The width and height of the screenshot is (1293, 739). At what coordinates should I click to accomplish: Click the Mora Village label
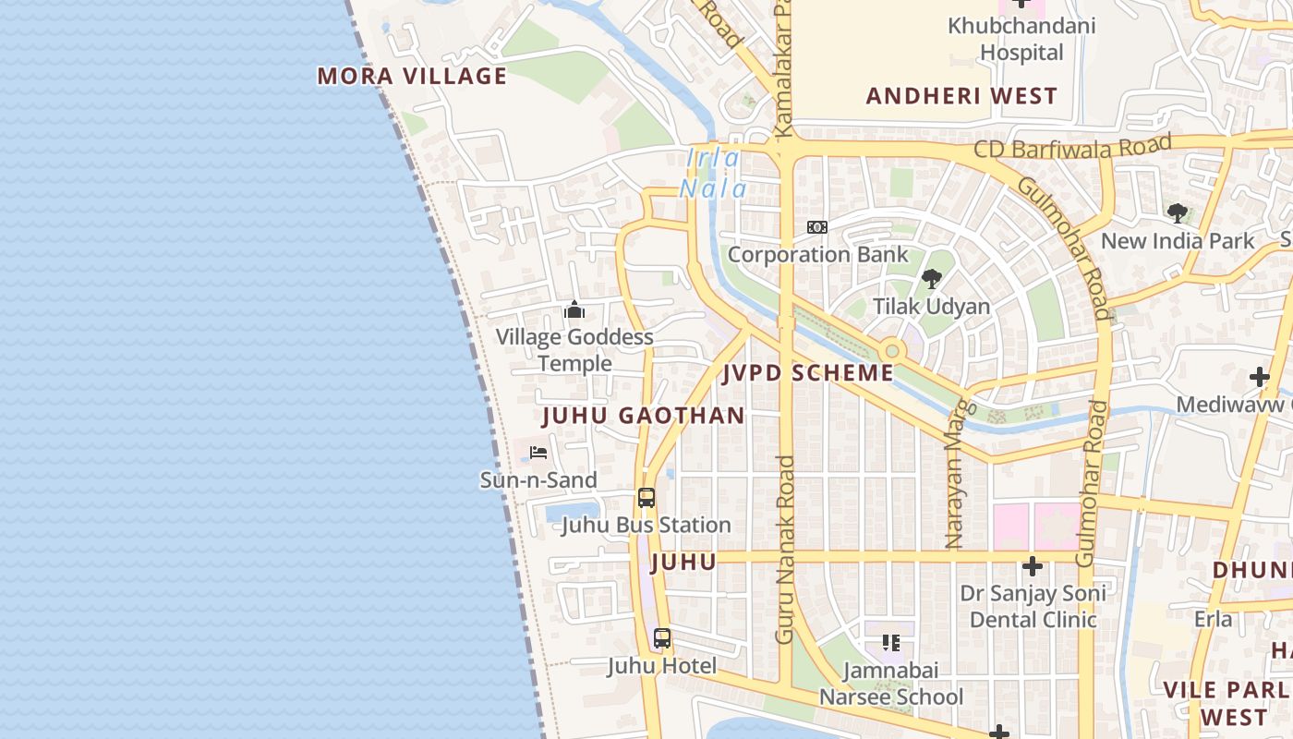(x=412, y=76)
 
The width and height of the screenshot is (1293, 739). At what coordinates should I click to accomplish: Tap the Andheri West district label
(x=961, y=96)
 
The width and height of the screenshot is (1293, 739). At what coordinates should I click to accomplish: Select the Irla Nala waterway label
(x=713, y=174)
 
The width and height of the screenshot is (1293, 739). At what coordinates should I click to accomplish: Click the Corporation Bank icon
(x=817, y=227)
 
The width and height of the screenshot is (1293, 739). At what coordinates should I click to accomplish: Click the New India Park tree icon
(x=1177, y=213)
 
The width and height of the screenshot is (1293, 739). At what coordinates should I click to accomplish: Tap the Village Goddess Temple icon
(x=574, y=309)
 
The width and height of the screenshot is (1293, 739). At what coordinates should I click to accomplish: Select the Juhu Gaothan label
(x=643, y=416)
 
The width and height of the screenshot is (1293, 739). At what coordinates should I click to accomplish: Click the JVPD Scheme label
(x=808, y=373)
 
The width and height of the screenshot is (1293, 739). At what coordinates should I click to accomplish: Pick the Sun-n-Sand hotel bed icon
(x=538, y=453)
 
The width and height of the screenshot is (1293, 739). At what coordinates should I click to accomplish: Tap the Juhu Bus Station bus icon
(x=646, y=498)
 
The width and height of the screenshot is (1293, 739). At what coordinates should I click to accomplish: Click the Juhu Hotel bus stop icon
(x=662, y=638)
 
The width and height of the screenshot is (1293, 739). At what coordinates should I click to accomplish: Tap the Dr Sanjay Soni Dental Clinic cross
(x=1033, y=566)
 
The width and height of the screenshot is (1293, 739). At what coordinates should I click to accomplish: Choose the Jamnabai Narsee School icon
(x=891, y=643)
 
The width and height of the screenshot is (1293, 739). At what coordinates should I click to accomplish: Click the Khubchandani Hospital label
(x=1021, y=39)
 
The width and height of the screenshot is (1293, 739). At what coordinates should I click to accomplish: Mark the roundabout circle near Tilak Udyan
(x=891, y=351)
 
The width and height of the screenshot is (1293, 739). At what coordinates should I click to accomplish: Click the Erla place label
(x=1213, y=619)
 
